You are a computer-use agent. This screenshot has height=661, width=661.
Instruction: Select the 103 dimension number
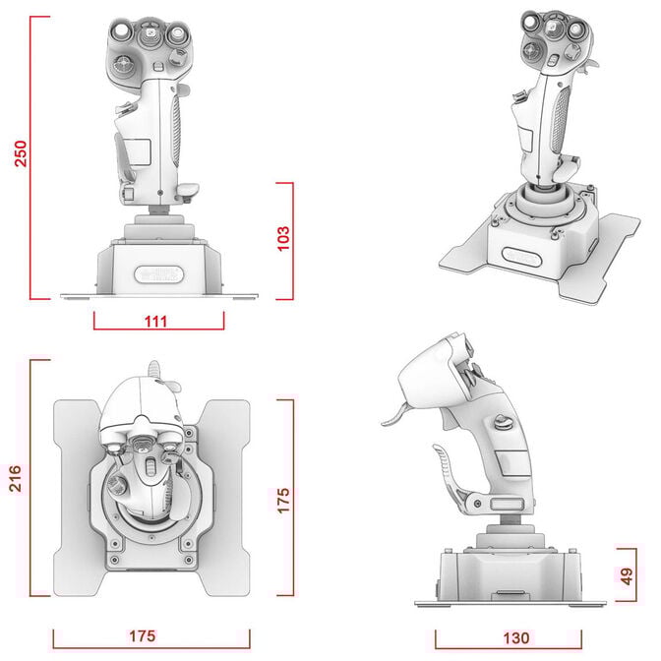(x=283, y=240)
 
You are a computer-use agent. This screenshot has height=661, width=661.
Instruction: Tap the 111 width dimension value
(x=156, y=321)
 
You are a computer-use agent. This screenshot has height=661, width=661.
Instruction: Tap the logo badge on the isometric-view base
(x=522, y=258)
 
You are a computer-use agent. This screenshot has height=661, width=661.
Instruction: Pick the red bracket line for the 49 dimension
(x=617, y=574)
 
